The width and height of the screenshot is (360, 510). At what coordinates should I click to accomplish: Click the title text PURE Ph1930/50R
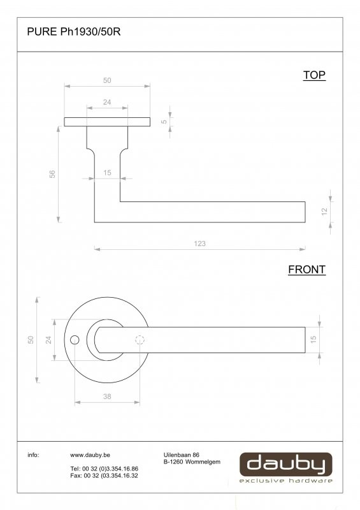click(74, 31)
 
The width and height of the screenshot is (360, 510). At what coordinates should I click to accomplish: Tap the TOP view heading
click(314, 75)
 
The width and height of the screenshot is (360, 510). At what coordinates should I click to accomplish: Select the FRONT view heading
click(306, 270)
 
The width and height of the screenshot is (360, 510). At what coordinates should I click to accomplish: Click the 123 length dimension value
click(199, 244)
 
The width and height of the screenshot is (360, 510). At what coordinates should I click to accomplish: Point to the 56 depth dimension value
click(52, 174)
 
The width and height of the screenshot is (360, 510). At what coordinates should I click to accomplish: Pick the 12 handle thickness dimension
click(324, 212)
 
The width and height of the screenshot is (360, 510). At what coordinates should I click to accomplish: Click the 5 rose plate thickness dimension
click(164, 122)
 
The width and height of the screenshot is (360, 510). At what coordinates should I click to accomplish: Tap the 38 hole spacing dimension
click(107, 397)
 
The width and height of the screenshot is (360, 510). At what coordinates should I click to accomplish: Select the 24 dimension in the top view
click(107, 102)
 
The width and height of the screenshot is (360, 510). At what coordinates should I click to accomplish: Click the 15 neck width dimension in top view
click(107, 173)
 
